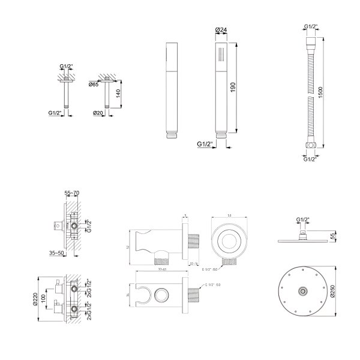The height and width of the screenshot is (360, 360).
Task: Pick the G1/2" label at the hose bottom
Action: (310, 160)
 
